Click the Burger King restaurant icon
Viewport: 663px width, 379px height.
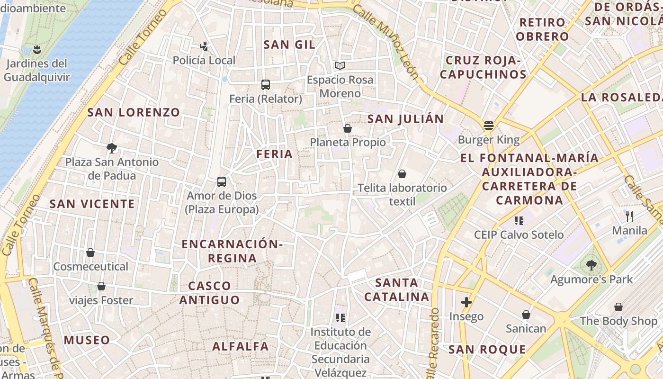[x=489, y=126]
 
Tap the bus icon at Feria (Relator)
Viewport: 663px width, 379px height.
[x=266, y=85]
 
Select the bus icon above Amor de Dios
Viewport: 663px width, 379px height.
[x=221, y=181]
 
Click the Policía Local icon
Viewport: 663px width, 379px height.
[x=204, y=46]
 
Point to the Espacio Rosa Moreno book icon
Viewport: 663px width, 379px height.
[x=340, y=65]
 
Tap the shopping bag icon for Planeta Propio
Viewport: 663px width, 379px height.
[x=348, y=128]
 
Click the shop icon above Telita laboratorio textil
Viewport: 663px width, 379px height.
[x=402, y=174]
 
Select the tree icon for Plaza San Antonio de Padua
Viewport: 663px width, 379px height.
[x=112, y=148]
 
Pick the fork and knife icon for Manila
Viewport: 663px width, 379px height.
[x=629, y=217]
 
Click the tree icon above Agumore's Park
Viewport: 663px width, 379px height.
[x=591, y=265]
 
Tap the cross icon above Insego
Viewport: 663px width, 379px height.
[x=466, y=302]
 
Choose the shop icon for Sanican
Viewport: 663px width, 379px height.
[x=526, y=315]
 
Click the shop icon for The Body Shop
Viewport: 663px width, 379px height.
[x=618, y=307]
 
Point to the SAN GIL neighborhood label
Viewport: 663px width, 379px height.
[x=289, y=45]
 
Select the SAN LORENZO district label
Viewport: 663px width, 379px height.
[x=134, y=112]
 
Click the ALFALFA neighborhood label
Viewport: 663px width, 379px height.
[x=241, y=346]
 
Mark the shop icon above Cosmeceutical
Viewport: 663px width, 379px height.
[x=90, y=253]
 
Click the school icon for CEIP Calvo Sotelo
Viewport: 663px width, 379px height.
[x=519, y=220]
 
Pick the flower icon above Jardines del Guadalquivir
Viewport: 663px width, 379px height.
[x=36, y=49]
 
